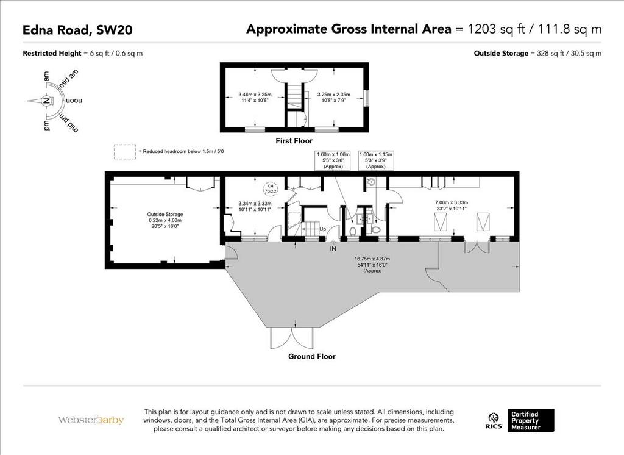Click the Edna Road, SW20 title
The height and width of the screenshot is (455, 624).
[77, 30]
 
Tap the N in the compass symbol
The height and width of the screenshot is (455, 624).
[46, 101]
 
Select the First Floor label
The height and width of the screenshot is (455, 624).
[294, 141]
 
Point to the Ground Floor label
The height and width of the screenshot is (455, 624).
[312, 357]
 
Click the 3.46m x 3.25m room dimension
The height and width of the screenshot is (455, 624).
[255, 95]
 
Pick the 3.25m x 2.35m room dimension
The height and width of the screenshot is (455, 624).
[333, 95]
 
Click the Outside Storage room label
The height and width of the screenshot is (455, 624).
[165, 214]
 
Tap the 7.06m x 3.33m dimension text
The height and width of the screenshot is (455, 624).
[452, 202]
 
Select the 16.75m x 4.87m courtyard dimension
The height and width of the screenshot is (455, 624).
[372, 259]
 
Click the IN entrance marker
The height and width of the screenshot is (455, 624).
[333, 249]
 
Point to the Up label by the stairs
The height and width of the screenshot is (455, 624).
[323, 229]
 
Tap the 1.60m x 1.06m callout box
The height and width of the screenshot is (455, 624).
[333, 160]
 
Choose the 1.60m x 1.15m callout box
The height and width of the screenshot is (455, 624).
[375, 160]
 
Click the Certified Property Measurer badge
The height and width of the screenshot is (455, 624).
[531, 420]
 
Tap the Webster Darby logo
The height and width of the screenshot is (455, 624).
[91, 420]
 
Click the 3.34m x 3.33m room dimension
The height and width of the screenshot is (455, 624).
[255, 206]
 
